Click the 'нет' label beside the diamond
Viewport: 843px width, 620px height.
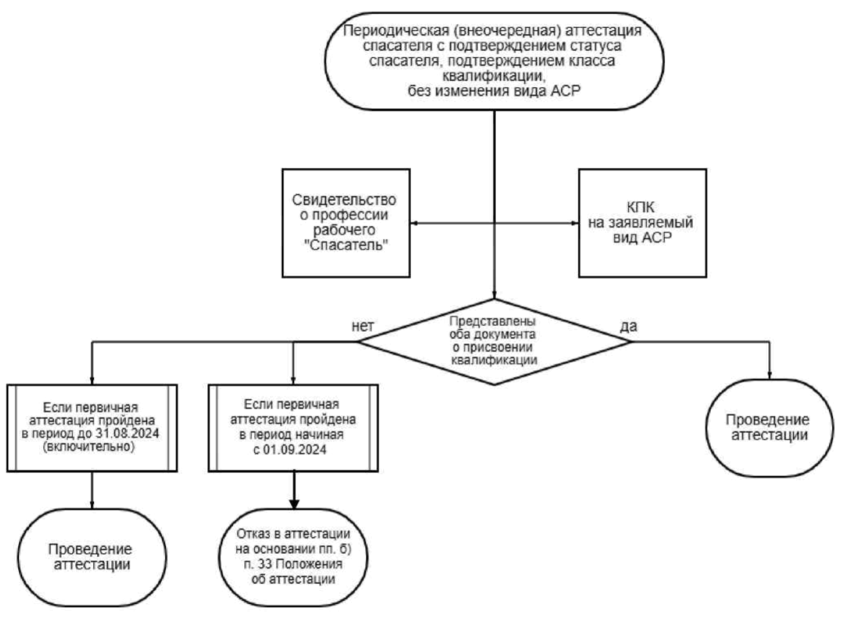363,326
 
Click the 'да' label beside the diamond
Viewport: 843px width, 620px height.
628,326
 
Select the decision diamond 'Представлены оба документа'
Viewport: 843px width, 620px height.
494,342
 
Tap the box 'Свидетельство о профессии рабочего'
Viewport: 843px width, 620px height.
346,223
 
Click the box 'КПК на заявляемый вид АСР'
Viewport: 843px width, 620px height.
642,223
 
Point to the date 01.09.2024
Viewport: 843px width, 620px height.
294,450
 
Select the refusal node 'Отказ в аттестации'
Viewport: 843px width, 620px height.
293,557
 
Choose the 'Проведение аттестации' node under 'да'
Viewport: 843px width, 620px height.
770,427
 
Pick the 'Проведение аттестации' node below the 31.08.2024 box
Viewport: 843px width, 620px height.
92,557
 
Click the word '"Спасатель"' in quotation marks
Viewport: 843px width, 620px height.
346,245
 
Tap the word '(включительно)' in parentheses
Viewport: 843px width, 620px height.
89,447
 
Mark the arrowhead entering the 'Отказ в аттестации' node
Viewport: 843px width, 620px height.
294,504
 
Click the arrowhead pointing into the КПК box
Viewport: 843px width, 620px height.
575,223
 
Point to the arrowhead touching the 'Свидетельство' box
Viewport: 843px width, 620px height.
414,223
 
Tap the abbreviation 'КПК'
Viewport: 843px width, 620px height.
640,207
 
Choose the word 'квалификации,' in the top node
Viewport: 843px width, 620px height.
494,76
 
